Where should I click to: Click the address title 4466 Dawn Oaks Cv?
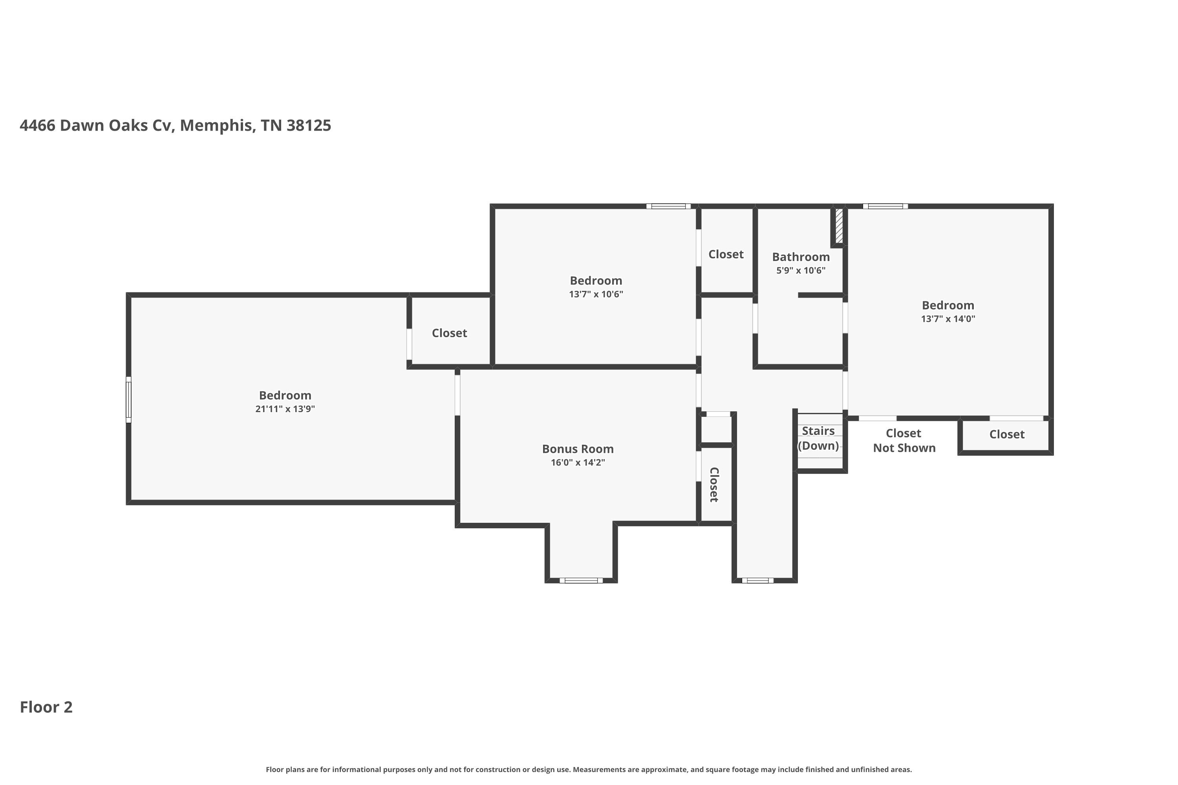175,125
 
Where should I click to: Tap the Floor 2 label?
46,707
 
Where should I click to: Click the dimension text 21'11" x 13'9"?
285,409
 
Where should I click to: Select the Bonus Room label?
578,449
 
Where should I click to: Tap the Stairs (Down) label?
818,438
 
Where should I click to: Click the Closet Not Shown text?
904,440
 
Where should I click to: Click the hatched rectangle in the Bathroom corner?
839,226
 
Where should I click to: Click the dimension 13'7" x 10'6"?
596,294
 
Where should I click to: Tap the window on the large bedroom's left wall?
128,400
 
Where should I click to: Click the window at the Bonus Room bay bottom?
581,580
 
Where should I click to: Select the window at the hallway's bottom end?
757,580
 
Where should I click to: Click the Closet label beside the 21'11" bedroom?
449,333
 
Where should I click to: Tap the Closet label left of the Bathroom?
725,254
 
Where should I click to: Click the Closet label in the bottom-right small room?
1007,434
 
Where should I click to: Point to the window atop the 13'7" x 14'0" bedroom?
885,206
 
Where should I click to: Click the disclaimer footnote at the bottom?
589,769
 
